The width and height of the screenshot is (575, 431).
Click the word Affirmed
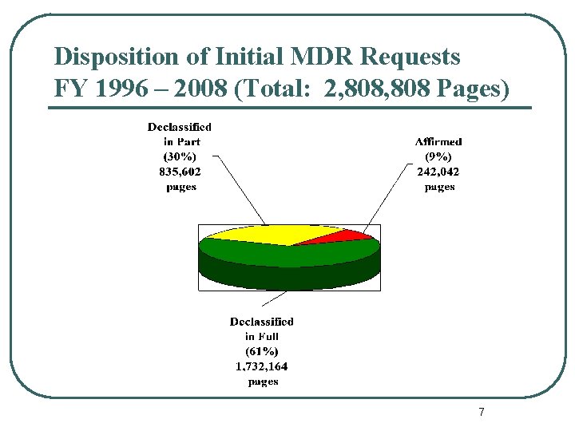[438, 141]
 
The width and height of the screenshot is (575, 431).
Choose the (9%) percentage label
[438, 156]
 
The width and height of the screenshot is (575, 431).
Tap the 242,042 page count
[438, 172]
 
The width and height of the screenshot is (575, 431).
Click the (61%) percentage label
[261, 351]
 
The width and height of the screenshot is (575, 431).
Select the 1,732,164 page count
[261, 366]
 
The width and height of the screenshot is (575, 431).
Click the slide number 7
[481, 412]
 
